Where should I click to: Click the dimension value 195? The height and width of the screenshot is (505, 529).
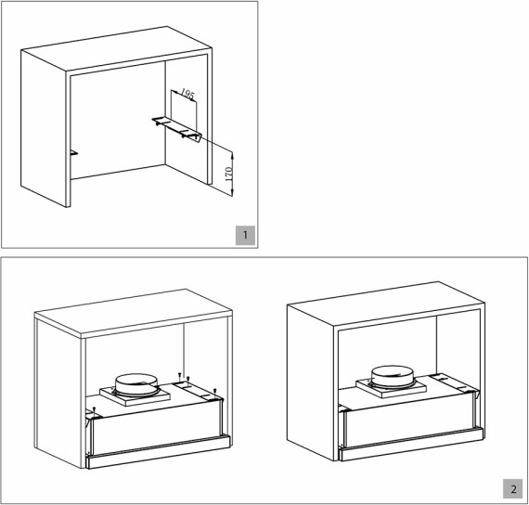[187, 94]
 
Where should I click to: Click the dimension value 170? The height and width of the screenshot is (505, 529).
[228, 174]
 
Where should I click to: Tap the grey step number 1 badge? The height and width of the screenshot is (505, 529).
[245, 235]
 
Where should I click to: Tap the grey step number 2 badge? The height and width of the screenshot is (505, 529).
[513, 489]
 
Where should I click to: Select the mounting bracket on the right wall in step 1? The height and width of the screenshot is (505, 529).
[177, 127]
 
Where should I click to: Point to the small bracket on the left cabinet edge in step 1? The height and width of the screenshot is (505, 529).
[74, 153]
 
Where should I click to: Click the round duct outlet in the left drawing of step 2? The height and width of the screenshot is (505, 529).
[136, 385]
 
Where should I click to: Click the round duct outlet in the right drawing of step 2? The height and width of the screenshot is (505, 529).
[393, 376]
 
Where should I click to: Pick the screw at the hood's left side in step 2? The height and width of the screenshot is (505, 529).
[95, 409]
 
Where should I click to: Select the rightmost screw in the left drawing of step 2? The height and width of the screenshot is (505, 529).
[215, 392]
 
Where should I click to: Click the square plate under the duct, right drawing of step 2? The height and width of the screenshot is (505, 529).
[391, 387]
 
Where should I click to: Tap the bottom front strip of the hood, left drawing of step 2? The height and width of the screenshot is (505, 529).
[159, 452]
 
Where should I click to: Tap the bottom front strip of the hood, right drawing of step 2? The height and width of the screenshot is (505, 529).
[411, 445]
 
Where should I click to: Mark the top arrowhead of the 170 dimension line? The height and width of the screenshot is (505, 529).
[232, 153]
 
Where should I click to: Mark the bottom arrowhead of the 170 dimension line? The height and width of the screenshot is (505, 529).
[232, 194]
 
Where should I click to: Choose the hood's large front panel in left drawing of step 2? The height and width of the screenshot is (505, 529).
[157, 428]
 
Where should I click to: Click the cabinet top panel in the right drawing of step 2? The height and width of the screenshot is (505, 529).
[386, 304]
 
